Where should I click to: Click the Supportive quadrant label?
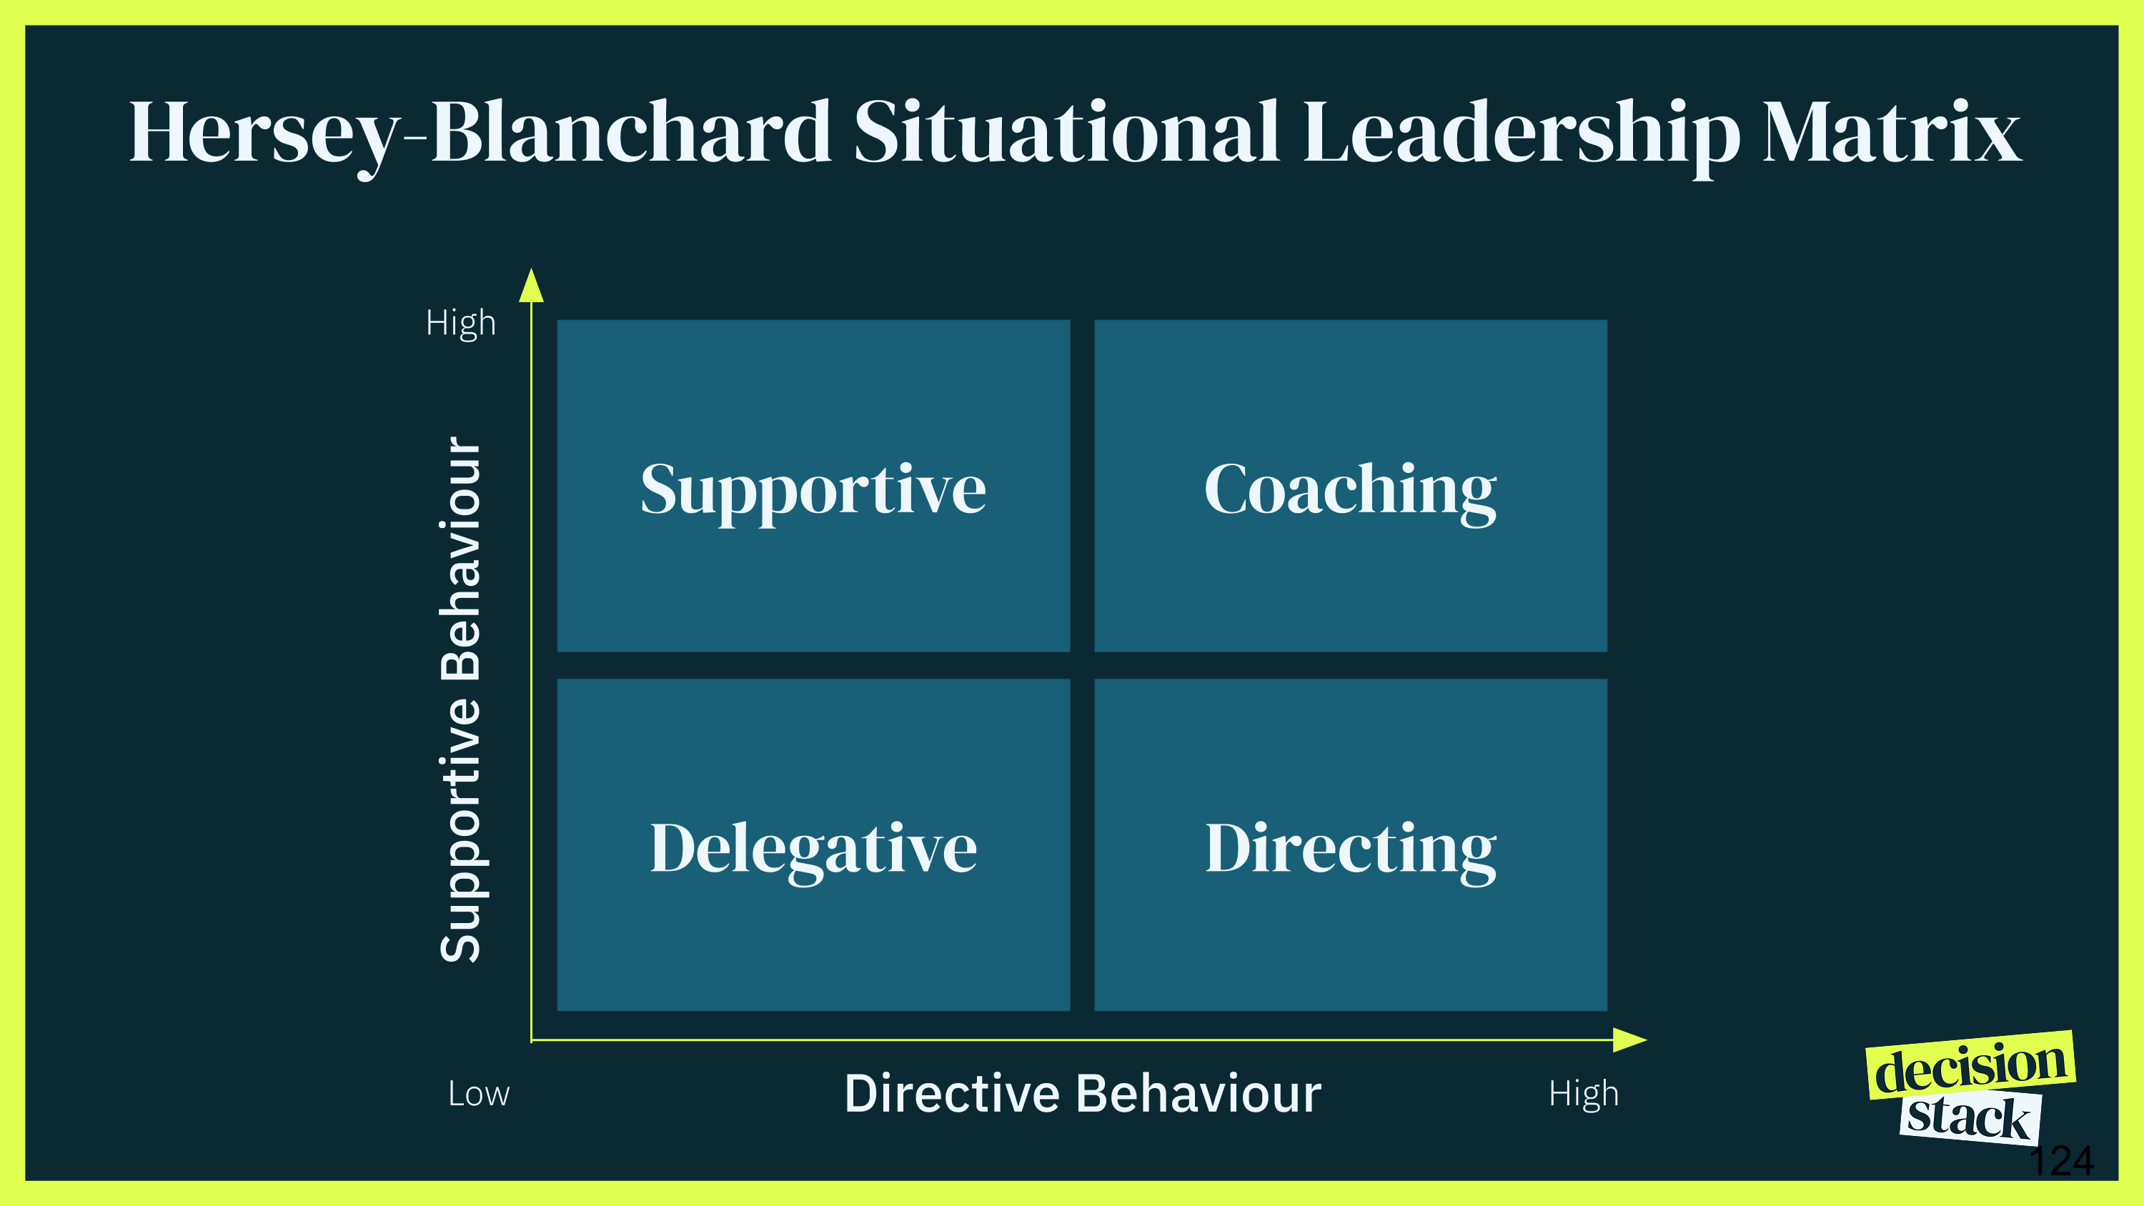pos(813,492)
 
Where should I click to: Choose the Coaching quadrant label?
pos(1350,492)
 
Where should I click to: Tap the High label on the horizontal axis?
pos(1583,1095)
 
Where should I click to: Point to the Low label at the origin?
pos(479,1094)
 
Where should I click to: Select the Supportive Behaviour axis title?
pos(460,699)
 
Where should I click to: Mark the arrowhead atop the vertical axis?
pos(531,286)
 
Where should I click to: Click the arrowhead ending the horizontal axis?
pos(1629,1040)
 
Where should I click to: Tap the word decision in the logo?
pos(1971,1066)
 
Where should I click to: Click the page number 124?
pos(2062,1161)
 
